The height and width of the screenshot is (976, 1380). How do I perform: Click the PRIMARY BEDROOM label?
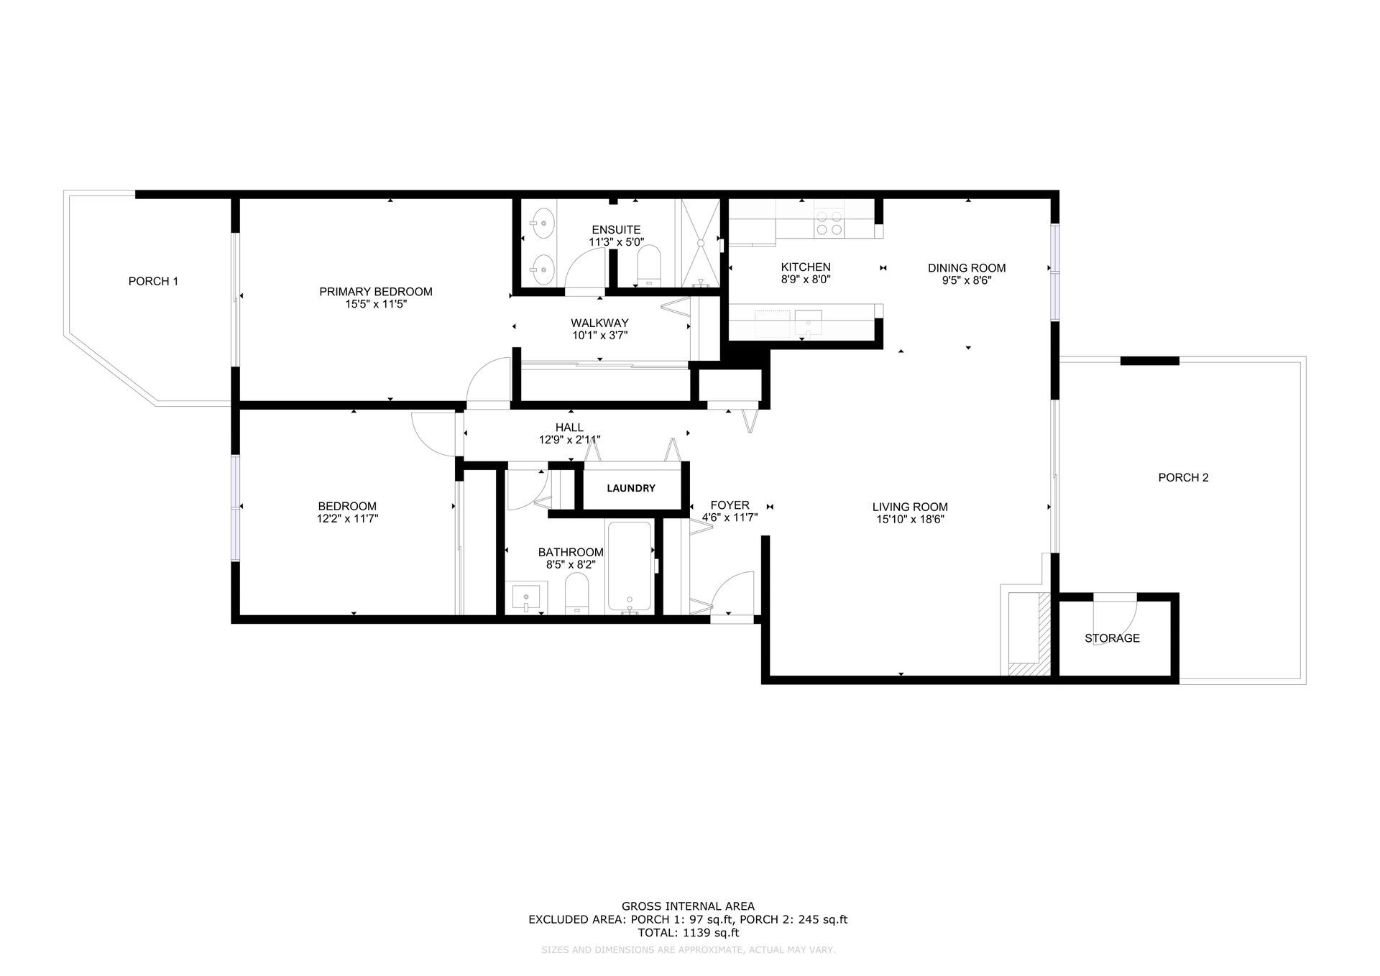tap(376, 292)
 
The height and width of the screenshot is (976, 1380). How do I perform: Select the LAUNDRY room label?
tap(631, 488)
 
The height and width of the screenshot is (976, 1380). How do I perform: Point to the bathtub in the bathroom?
tap(630, 567)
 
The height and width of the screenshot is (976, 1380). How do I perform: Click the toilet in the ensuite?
tap(649, 264)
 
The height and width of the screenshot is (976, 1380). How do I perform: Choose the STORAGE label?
tap(1112, 638)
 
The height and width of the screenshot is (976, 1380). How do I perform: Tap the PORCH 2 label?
tap(1183, 477)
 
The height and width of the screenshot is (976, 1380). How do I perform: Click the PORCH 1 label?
tap(153, 281)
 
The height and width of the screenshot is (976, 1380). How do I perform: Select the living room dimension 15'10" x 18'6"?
tap(910, 519)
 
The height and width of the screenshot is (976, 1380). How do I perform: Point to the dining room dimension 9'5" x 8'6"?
tap(967, 281)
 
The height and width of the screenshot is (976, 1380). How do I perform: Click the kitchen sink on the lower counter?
tap(809, 319)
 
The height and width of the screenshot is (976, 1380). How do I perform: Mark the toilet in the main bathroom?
tap(577, 594)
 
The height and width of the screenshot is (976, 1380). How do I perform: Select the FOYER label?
tap(730, 505)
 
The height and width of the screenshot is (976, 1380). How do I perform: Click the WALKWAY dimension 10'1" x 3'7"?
tap(599, 335)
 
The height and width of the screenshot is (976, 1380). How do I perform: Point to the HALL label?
tap(569, 428)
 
